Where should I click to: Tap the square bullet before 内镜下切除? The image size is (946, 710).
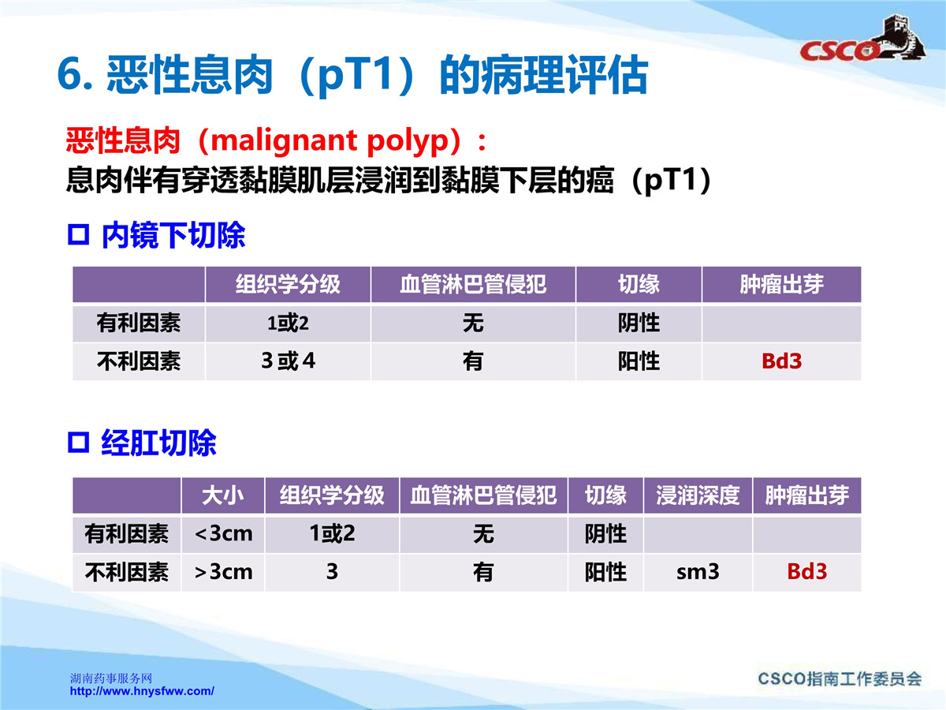78,234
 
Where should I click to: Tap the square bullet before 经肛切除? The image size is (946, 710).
78,443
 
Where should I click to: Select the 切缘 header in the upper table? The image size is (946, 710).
639,285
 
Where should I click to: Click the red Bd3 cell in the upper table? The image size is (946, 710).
781,361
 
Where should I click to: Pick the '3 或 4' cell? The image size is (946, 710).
288,361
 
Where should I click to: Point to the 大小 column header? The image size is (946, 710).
223,495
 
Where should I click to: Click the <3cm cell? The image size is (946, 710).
223,534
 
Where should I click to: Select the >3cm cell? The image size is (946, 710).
223,572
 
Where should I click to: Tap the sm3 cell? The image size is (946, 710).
698,572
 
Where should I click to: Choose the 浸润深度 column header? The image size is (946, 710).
698,495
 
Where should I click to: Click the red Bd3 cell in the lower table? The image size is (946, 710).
806,572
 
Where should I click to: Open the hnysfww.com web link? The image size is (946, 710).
142,691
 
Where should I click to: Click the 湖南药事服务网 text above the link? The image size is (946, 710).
111,678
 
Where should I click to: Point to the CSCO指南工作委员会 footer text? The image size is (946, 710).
840,679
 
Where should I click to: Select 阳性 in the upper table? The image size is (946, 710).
639,361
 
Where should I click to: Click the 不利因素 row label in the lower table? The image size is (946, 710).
127,572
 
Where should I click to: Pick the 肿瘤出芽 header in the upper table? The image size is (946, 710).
781,285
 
